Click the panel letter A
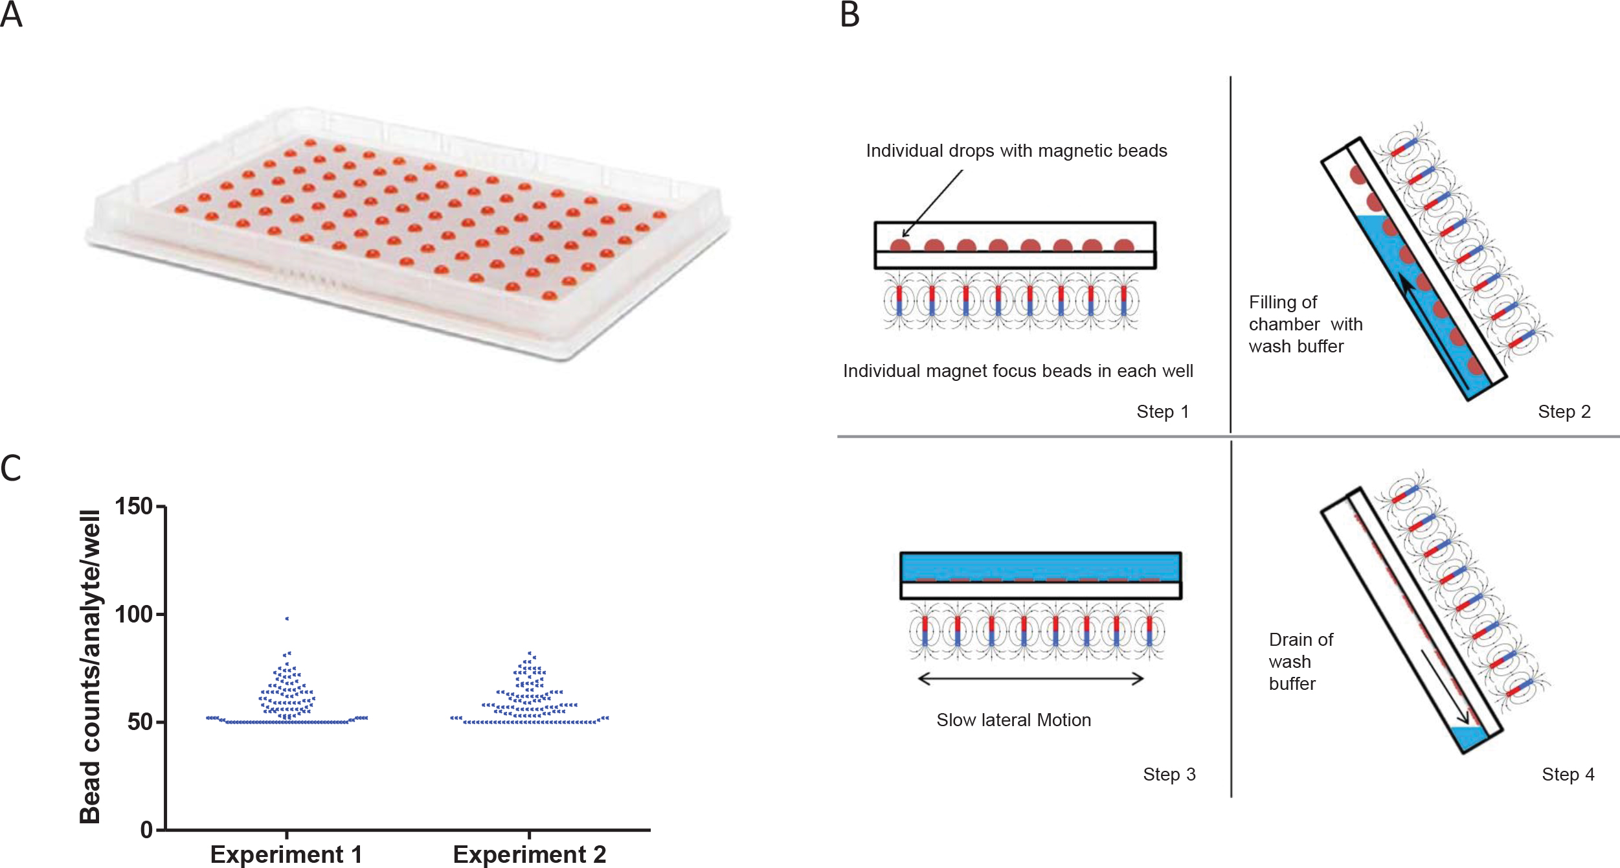(x=12, y=15)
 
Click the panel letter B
(x=849, y=15)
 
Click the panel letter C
(x=11, y=468)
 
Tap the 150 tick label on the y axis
(x=133, y=506)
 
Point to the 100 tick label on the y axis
(x=133, y=613)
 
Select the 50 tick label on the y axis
(x=140, y=722)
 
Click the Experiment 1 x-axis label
(x=286, y=854)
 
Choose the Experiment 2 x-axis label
(x=529, y=854)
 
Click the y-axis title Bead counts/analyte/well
(x=90, y=667)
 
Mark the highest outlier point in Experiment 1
(x=287, y=619)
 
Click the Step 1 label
(x=1162, y=412)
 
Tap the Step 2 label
(x=1564, y=412)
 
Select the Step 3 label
(x=1169, y=774)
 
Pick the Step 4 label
(x=1568, y=774)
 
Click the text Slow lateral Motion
(x=1013, y=720)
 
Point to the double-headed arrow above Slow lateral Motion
(x=1031, y=679)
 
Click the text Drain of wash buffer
(x=1300, y=661)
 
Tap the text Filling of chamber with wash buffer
(x=1305, y=324)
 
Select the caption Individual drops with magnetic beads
(x=1017, y=151)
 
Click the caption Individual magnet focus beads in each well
(x=1018, y=371)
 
